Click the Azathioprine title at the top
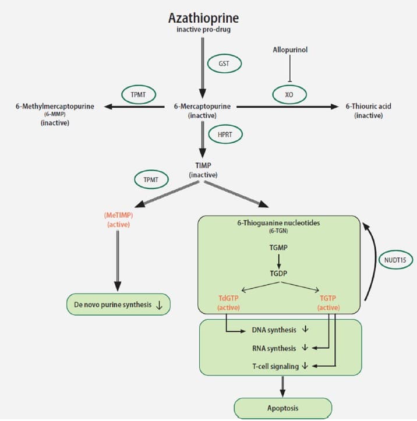click(203, 19)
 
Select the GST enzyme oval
click(224, 63)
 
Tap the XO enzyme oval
click(289, 93)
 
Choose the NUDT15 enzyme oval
click(394, 259)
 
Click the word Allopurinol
click(290, 50)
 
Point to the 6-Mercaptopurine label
click(202, 107)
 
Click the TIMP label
click(203, 165)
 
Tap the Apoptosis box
click(283, 408)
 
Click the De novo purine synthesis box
click(118, 305)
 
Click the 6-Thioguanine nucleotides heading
click(279, 224)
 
